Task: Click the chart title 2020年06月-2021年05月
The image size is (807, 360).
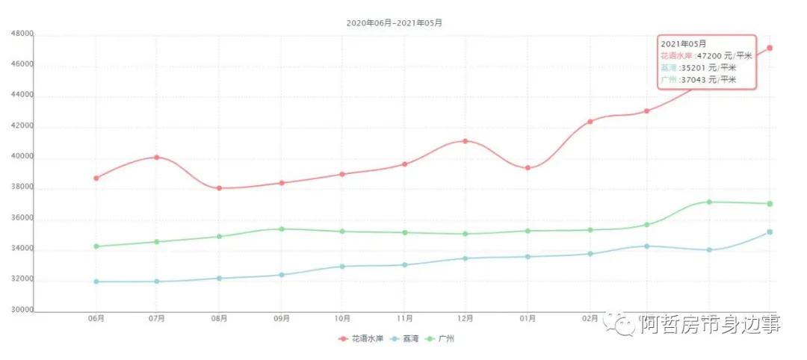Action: pyautogui.click(x=394, y=22)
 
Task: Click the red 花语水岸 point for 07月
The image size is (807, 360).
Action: pyautogui.click(x=157, y=157)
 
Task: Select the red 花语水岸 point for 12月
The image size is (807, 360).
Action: pyautogui.click(x=465, y=141)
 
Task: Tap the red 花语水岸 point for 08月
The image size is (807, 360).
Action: pyautogui.click(x=219, y=188)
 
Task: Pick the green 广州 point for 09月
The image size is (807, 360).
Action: pyautogui.click(x=281, y=229)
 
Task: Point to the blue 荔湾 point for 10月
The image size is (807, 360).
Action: pyautogui.click(x=342, y=266)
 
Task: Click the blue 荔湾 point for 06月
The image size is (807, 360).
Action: pyautogui.click(x=96, y=282)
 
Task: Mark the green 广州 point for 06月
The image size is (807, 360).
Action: pyautogui.click(x=96, y=246)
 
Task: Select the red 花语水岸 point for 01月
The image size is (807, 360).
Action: pyautogui.click(x=527, y=168)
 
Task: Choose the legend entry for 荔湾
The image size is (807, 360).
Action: pyautogui.click(x=404, y=338)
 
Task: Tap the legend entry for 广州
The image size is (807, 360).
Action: pyautogui.click(x=441, y=338)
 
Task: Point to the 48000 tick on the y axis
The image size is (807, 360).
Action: pyautogui.click(x=22, y=34)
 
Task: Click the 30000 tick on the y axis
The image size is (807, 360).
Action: pyautogui.click(x=22, y=311)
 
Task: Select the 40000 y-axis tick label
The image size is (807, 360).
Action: pyautogui.click(x=22, y=157)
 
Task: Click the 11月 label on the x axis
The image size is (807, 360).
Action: pyautogui.click(x=403, y=319)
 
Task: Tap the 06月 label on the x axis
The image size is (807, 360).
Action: pyautogui.click(x=96, y=319)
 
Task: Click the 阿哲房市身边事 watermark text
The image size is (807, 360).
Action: pyautogui.click(x=710, y=324)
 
